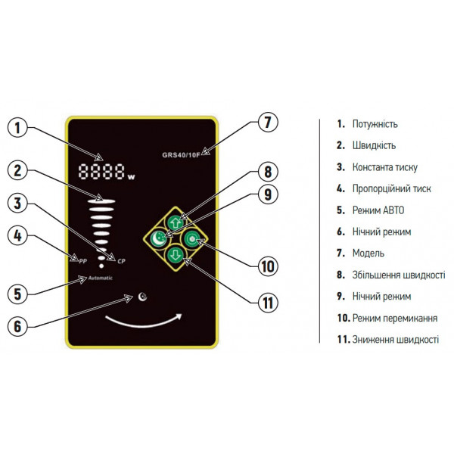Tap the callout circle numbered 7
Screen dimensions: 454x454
pyautogui.click(x=267, y=123)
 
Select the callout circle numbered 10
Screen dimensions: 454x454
pyautogui.click(x=267, y=266)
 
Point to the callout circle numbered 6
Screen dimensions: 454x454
pyautogui.click(x=19, y=326)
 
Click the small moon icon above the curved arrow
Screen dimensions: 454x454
pyautogui.click(x=141, y=296)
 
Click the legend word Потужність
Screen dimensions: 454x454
pyautogui.click(x=375, y=124)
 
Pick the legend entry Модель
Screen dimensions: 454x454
pyautogui.click(x=368, y=253)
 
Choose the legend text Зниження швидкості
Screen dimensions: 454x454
pyautogui.click(x=394, y=340)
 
